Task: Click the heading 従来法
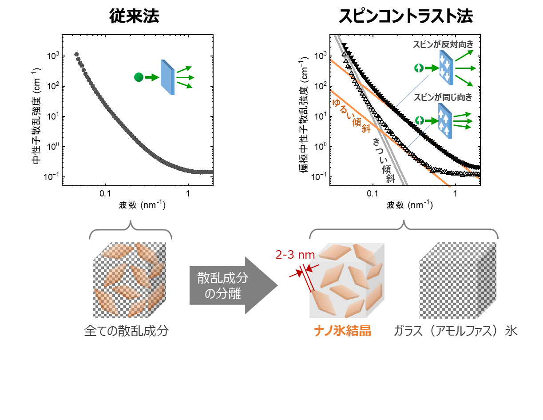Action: tap(134, 16)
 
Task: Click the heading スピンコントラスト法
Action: tap(405, 16)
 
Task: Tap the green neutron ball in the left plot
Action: tap(139, 77)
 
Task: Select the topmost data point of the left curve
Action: tap(76, 54)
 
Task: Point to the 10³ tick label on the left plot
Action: tap(53, 56)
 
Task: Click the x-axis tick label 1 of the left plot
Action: tap(188, 194)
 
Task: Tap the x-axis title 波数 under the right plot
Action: tap(395, 205)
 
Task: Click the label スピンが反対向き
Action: tap(443, 44)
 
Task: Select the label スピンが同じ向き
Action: tap(443, 97)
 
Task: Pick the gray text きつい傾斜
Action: tap(384, 160)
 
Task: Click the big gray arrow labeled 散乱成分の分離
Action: tap(234, 285)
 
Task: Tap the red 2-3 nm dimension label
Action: tap(295, 255)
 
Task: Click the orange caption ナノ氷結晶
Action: tap(343, 331)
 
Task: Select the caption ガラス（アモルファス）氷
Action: tap(455, 331)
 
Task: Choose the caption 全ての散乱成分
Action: tap(127, 331)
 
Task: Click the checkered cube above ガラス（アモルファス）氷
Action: tap(458, 280)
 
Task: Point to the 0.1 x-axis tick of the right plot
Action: tap(373, 194)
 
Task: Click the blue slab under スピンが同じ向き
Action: tap(445, 121)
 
